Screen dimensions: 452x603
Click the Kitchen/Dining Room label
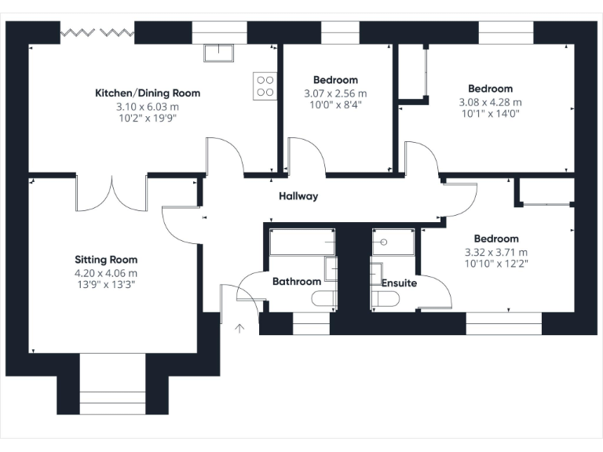click(148, 93)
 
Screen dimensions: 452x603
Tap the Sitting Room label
click(106, 260)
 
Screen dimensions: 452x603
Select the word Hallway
click(298, 196)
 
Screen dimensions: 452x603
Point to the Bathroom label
click(296, 281)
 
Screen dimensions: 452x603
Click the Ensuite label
click(399, 282)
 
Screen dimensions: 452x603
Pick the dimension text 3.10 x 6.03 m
click(148, 105)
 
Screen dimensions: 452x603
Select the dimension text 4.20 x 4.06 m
click(106, 272)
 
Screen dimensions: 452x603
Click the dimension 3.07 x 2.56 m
click(335, 93)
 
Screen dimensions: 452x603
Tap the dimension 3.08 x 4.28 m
click(490, 101)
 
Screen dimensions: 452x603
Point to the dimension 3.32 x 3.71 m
click(496, 251)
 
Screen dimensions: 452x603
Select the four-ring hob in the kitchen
click(265, 85)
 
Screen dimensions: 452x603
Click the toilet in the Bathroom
click(324, 298)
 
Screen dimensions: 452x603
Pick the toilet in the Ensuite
click(384, 298)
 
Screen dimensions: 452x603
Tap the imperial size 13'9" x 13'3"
click(106, 285)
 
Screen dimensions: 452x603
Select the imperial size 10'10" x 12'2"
click(496, 264)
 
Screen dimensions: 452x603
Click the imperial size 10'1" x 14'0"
click(490, 114)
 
